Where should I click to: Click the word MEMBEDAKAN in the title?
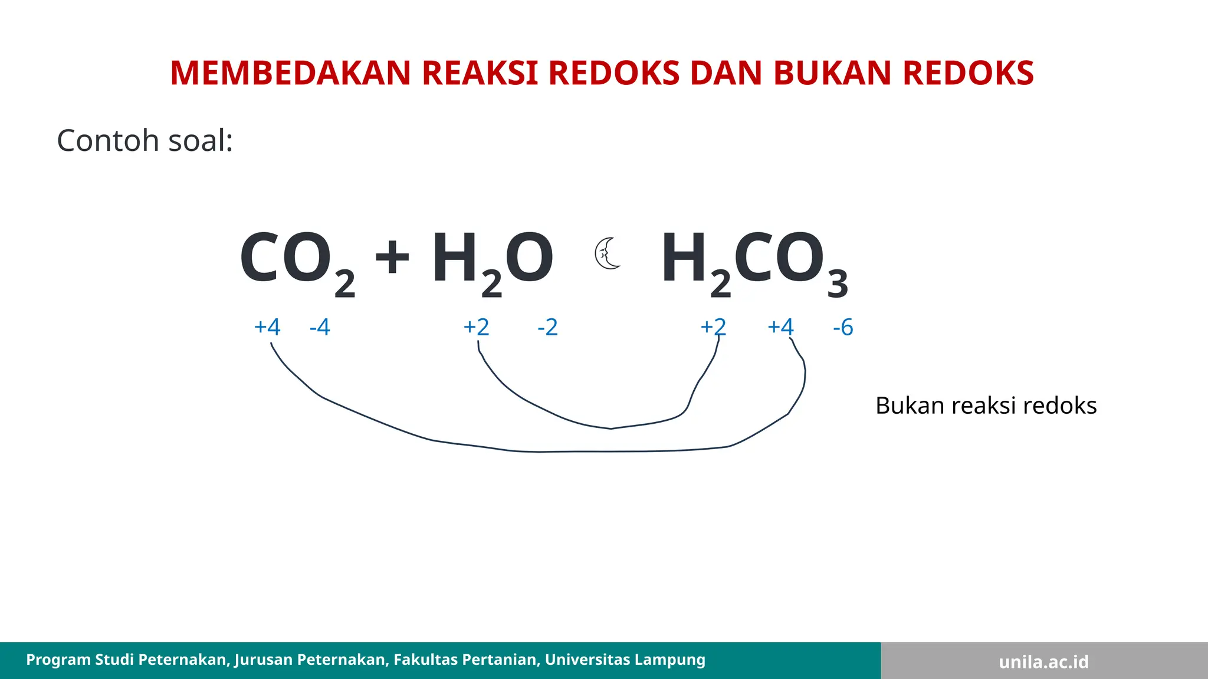(290, 73)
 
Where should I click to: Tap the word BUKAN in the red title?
(833, 73)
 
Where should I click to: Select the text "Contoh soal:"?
(145, 141)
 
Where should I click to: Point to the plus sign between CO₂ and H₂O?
(392, 258)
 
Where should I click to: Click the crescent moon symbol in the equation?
(608, 254)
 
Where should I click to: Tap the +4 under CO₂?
(267, 327)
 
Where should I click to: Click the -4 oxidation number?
(320, 327)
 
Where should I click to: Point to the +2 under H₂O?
(477, 327)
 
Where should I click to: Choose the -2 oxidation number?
(547, 327)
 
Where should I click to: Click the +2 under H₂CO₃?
(713, 327)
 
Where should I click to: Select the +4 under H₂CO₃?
(780, 327)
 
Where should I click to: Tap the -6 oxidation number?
(843, 327)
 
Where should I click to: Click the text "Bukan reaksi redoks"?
(986, 406)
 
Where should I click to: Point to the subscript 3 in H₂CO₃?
(838, 284)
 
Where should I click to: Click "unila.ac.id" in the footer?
(1043, 662)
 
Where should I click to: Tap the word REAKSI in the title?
(479, 73)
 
